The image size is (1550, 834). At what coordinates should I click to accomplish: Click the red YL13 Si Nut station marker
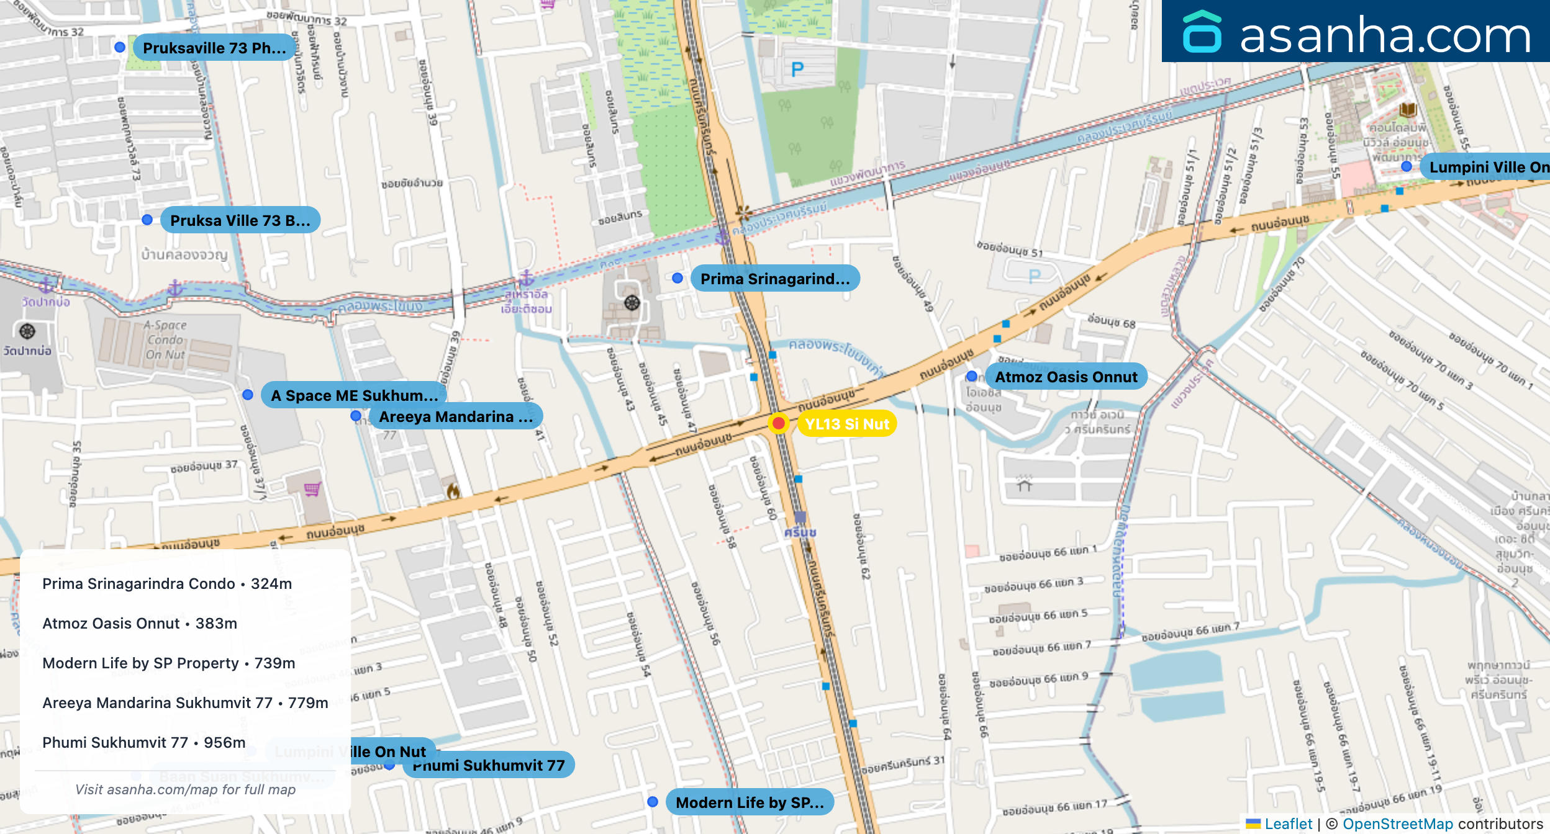tap(778, 423)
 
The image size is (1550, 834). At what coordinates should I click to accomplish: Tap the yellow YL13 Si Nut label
tap(847, 424)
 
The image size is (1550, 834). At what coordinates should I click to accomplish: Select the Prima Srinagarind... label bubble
tap(775, 279)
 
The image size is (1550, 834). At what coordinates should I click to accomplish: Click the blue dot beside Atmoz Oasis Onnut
tap(972, 376)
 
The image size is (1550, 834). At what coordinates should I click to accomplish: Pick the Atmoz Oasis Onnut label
tap(1066, 377)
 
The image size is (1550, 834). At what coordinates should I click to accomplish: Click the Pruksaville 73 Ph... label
tap(214, 48)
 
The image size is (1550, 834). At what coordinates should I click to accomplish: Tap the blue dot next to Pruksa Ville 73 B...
tap(147, 220)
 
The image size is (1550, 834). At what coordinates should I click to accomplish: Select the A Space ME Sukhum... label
tap(354, 395)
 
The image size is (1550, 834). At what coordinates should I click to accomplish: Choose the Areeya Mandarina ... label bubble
tap(456, 416)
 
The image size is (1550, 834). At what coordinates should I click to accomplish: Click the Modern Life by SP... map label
tap(750, 802)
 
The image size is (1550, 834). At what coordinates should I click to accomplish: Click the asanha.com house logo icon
tap(1202, 32)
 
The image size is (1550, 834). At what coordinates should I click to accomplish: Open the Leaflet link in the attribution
tap(1288, 824)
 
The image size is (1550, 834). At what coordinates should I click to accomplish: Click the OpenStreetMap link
tap(1397, 824)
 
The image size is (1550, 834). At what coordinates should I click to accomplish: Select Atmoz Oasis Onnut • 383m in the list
tap(140, 623)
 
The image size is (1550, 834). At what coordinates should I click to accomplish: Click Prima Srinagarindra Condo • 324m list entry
tap(167, 583)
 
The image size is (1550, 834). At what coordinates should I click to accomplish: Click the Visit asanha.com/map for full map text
tap(185, 789)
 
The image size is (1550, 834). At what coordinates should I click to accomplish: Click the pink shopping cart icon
tap(312, 489)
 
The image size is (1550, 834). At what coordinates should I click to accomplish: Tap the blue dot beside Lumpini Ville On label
tap(1407, 166)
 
